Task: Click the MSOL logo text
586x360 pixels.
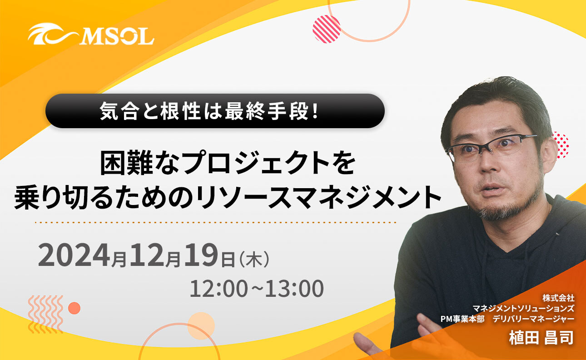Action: [x=117, y=35]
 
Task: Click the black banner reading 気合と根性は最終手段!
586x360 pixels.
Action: [x=215, y=110]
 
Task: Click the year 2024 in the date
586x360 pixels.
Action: [x=74, y=256]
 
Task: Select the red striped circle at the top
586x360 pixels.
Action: [x=327, y=29]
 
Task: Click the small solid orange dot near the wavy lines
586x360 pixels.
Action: [x=74, y=308]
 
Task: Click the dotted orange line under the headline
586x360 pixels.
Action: [x=216, y=222]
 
